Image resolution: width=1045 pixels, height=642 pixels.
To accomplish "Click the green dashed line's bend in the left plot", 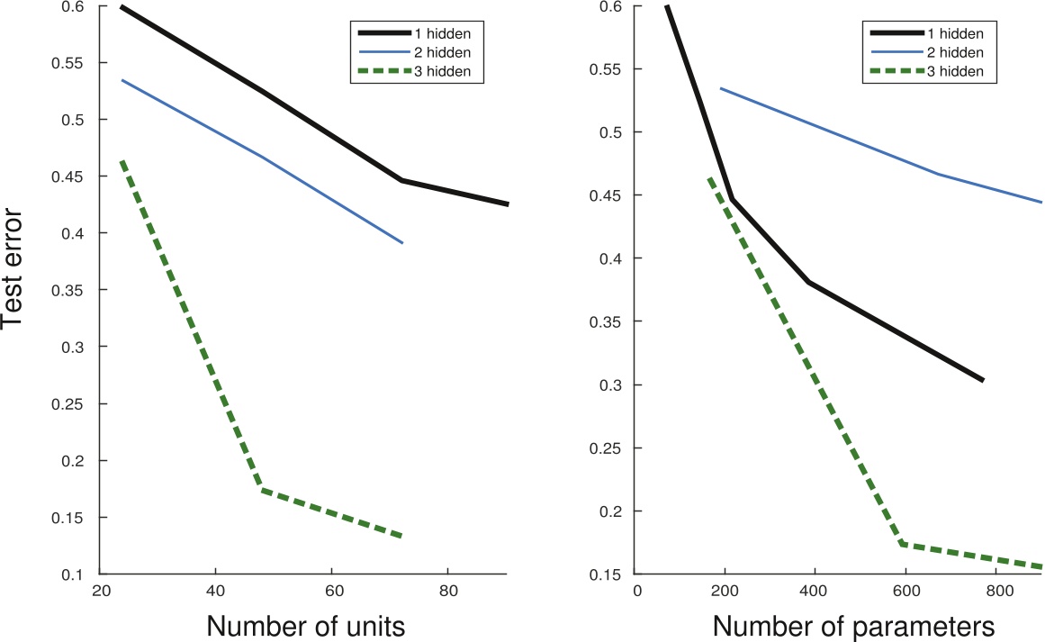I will pos(259,490).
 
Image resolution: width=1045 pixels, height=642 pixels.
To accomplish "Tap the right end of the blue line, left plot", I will pos(401,243).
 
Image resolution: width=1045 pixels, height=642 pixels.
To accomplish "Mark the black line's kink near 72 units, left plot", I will pos(401,180).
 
